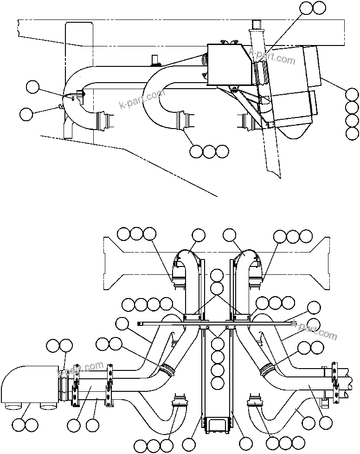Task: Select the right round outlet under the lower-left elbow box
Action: [x=48, y=407]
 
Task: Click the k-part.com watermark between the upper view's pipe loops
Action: [x=142, y=99]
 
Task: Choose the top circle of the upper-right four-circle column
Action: [x=353, y=95]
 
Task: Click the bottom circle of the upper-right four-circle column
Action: [x=353, y=134]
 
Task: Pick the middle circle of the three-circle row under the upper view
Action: [x=209, y=151]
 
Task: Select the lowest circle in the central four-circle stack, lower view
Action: [x=217, y=383]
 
